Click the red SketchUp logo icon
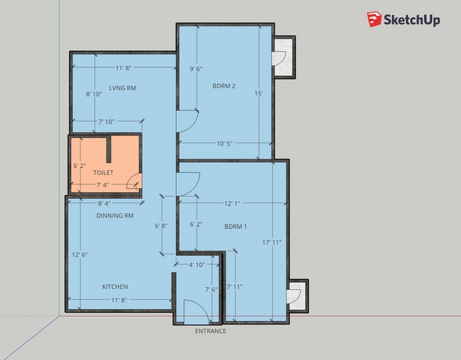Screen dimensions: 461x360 (x=374, y=19)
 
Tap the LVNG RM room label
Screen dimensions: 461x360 (x=123, y=88)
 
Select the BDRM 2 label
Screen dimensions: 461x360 (x=223, y=86)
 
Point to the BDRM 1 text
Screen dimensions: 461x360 (x=235, y=227)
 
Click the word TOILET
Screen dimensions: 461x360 (x=104, y=172)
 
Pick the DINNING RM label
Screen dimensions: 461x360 (x=115, y=215)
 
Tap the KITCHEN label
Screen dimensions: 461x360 (x=115, y=286)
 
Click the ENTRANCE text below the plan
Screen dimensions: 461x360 (x=211, y=331)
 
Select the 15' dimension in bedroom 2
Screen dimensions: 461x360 (x=258, y=94)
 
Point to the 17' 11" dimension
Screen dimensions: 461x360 (x=272, y=242)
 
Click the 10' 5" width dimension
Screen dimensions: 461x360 (x=225, y=143)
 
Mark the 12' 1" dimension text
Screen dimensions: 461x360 (x=232, y=203)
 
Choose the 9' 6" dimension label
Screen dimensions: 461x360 (x=196, y=69)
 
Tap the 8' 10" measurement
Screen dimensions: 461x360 (x=94, y=94)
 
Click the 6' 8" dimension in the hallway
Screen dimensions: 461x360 (x=161, y=225)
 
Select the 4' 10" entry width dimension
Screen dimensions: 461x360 (x=196, y=265)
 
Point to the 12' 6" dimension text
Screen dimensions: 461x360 (x=79, y=254)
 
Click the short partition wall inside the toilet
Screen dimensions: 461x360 (x=109, y=150)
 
